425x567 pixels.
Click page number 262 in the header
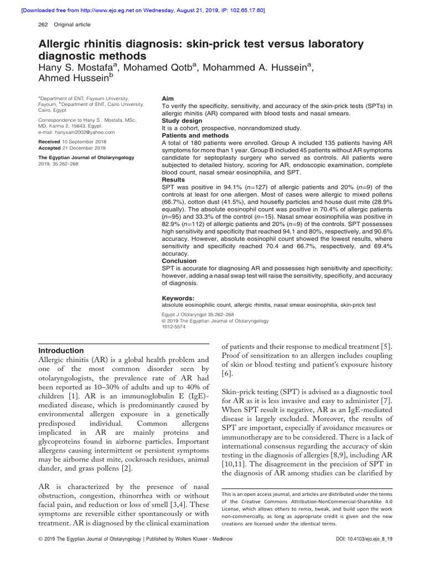click(43, 24)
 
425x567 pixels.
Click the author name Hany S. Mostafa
click(78, 68)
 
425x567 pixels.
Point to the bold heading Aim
click(168, 98)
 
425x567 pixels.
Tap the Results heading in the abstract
click(173, 180)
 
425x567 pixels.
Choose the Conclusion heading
click(179, 261)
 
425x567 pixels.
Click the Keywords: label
click(179, 298)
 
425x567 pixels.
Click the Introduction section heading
click(61, 350)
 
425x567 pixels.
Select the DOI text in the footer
click(361, 554)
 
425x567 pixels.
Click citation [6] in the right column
click(227, 374)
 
